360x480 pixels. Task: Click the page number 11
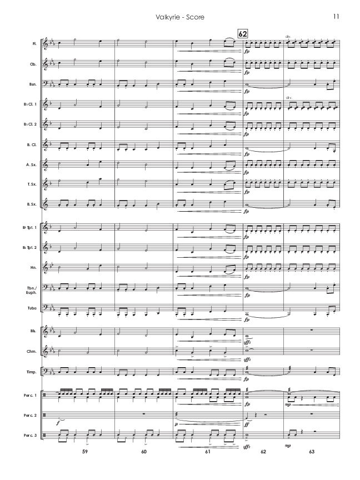click(336, 17)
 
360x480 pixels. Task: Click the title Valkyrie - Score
click(180, 17)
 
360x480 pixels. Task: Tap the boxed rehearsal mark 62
click(242, 33)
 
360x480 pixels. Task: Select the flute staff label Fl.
click(35, 43)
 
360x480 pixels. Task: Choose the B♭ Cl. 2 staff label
click(31, 124)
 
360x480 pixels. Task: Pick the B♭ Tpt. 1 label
click(31, 228)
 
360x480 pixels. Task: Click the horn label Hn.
click(34, 267)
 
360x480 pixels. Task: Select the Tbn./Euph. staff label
click(33, 288)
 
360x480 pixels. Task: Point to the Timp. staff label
click(33, 372)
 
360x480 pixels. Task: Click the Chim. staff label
click(33, 352)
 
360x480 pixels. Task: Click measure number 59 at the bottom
click(84, 452)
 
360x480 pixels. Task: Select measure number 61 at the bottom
click(207, 452)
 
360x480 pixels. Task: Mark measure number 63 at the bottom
click(311, 452)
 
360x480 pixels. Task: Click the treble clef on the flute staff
click(46, 43)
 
